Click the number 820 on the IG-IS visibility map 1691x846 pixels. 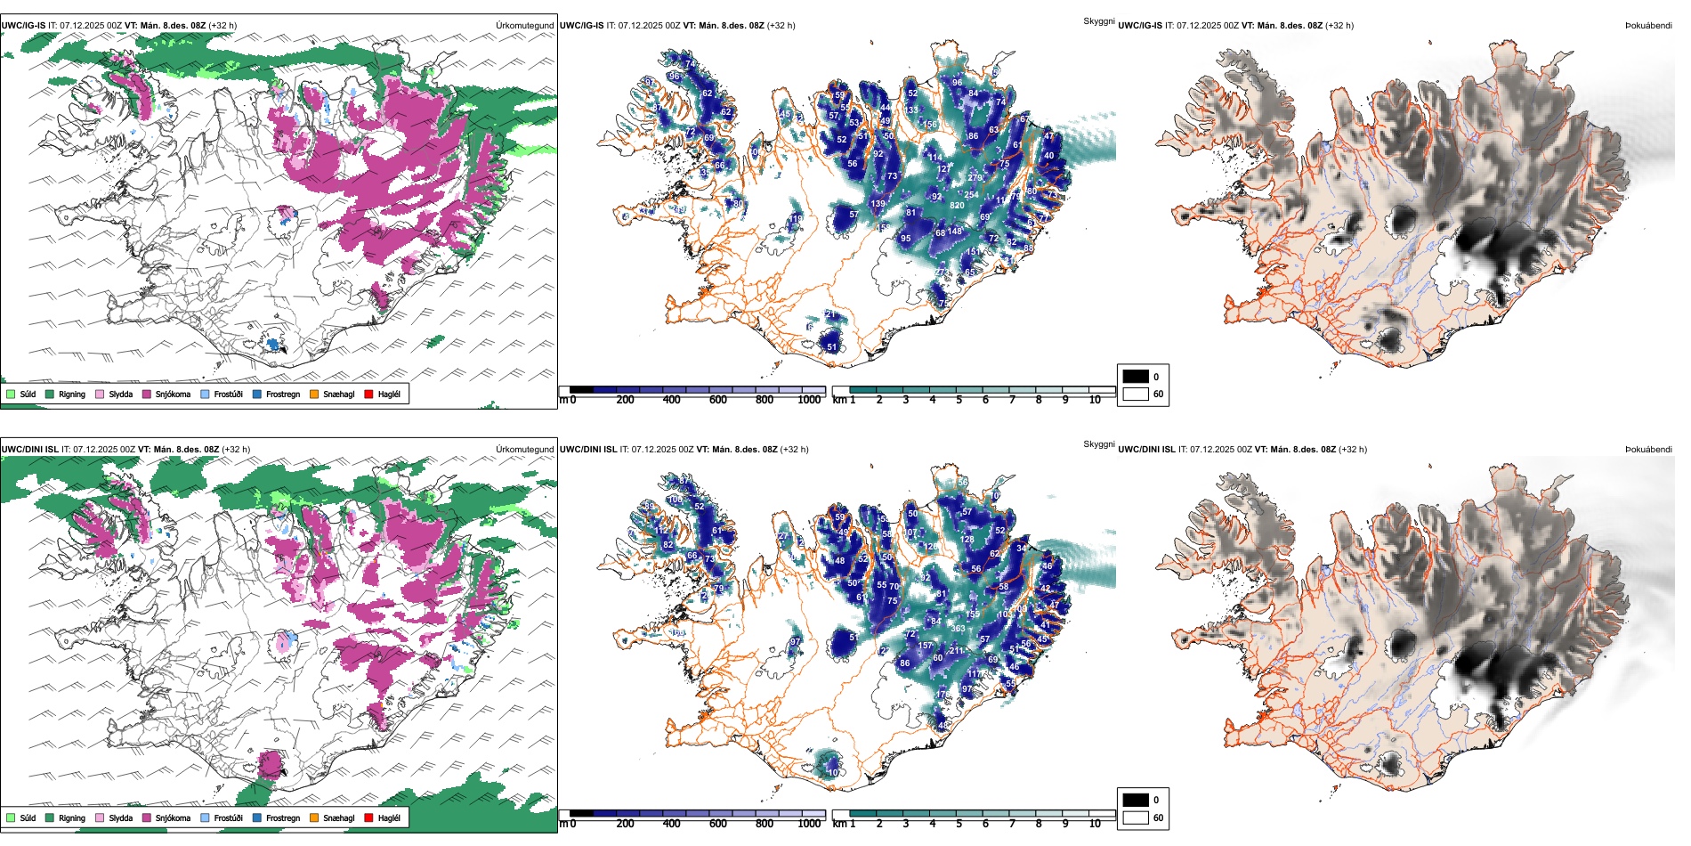pyautogui.click(x=957, y=206)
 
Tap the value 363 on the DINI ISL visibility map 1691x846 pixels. pyautogui.click(x=958, y=629)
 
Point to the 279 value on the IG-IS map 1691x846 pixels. pyautogui.click(x=975, y=178)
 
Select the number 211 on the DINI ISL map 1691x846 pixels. pyautogui.click(x=956, y=651)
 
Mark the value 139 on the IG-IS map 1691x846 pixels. pyautogui.click(x=878, y=204)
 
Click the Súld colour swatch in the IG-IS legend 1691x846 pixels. pyautogui.click(x=11, y=394)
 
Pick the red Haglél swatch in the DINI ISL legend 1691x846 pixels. pyautogui.click(x=368, y=818)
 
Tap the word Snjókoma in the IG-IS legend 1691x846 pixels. pyautogui.click(x=173, y=394)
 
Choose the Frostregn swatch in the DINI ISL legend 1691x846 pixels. pyautogui.click(x=257, y=818)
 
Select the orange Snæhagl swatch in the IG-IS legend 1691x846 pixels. pyautogui.click(x=314, y=394)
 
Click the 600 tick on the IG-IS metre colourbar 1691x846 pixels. pyautogui.click(x=718, y=400)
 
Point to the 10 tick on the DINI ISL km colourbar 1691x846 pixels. pyautogui.click(x=1095, y=824)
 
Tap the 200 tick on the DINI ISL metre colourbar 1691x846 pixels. pyautogui.click(x=626, y=824)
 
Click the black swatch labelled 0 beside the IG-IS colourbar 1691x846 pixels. pyautogui.click(x=1136, y=377)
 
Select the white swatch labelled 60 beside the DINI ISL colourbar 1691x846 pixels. pyautogui.click(x=1136, y=818)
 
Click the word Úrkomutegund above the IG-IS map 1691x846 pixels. pyautogui.click(x=524, y=26)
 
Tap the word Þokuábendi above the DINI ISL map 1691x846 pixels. pyautogui.click(x=1648, y=450)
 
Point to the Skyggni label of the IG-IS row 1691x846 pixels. pyautogui.click(x=1098, y=20)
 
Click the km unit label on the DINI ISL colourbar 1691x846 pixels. pyautogui.click(x=838, y=824)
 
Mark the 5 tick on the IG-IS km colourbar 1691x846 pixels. pyautogui.click(x=959, y=400)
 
